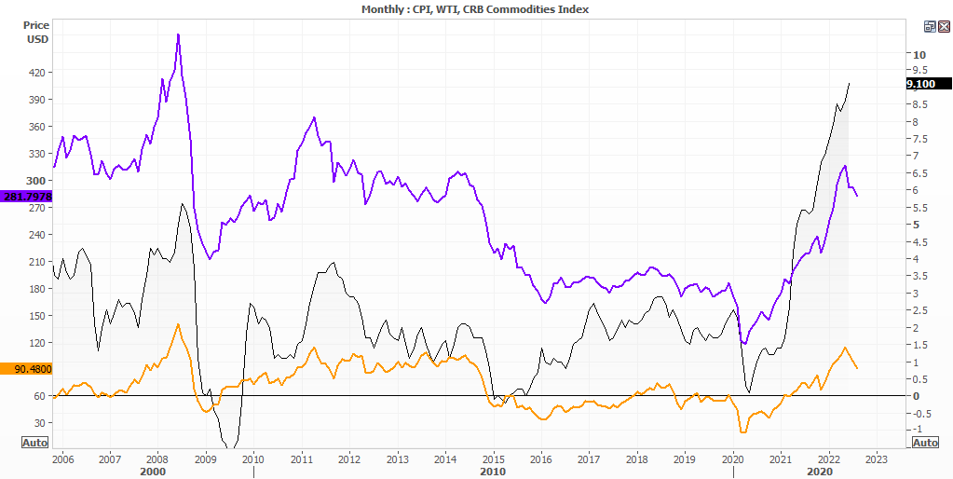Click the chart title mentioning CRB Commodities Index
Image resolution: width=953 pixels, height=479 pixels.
[475, 8]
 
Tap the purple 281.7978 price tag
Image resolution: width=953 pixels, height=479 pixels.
[26, 197]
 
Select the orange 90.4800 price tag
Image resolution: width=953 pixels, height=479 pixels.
[26, 369]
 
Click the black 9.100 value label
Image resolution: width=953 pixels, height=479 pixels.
[926, 84]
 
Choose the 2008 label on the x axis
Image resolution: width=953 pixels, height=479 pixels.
[157, 459]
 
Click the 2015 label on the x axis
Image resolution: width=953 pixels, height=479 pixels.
[494, 459]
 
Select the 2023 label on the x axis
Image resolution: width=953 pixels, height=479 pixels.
[877, 459]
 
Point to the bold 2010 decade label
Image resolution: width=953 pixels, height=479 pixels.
[493, 472]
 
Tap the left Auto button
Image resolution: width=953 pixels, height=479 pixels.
[35, 443]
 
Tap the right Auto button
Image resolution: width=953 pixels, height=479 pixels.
[925, 443]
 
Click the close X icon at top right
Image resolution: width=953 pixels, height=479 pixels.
[944, 27]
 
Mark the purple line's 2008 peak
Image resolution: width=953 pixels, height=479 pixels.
[178, 34]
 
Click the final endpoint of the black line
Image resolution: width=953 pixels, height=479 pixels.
[849, 84]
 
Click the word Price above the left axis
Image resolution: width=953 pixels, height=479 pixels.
[36, 25]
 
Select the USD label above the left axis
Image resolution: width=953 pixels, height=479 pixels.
[36, 40]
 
